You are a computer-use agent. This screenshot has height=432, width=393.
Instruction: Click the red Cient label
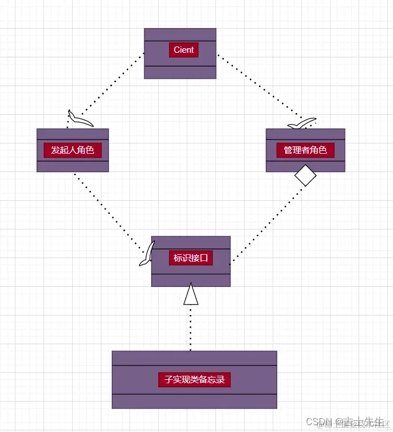coord(183,50)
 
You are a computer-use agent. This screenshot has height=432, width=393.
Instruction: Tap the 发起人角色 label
coord(72,150)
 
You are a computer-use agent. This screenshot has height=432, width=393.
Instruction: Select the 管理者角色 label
coord(305,150)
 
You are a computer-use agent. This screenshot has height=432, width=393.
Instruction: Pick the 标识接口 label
coord(190,258)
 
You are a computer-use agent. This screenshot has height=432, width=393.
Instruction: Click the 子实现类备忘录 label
coord(194,379)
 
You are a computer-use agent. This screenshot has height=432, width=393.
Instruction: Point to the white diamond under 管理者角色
coord(305,175)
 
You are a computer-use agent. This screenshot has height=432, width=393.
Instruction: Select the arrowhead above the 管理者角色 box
coord(302,124)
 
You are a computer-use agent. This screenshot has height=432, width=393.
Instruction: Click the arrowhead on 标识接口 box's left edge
coord(148,254)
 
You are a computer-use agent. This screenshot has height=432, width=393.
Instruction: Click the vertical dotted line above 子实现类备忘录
coord(191,327)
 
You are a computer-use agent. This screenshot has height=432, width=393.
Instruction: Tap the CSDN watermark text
coord(317,422)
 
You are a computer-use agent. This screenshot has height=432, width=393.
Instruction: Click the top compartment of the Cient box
coord(180,34)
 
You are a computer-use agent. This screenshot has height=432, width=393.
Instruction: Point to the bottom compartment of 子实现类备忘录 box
coord(194,401)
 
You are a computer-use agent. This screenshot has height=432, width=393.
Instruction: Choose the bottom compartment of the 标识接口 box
coord(191,280)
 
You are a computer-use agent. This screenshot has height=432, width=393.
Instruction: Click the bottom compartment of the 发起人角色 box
coord(72,166)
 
